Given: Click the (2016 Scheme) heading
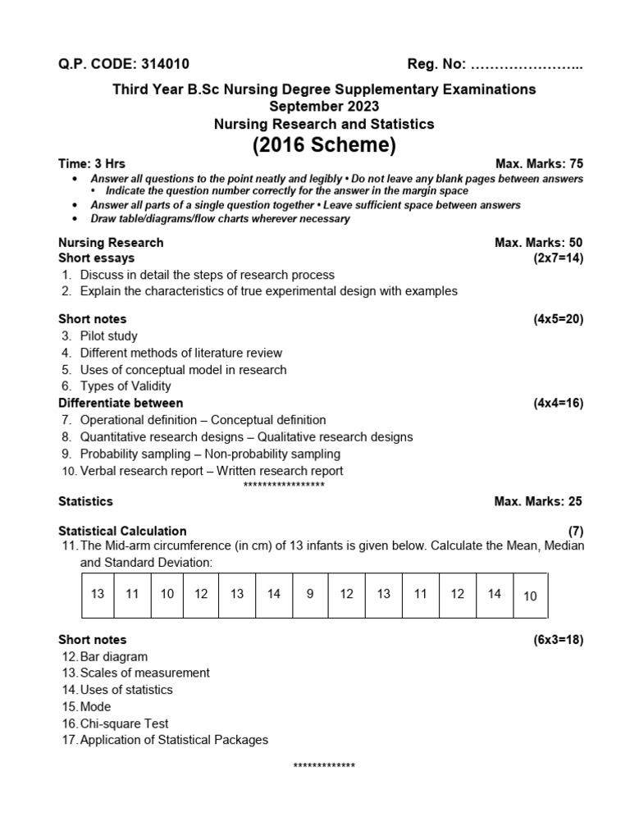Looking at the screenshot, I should [x=324, y=145].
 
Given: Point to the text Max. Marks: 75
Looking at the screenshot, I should [x=539, y=163].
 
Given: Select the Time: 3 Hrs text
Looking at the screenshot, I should [x=92, y=163].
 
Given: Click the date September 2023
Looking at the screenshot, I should [x=324, y=107].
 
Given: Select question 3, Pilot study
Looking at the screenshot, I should [x=108, y=336].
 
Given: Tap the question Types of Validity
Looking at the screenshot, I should [x=126, y=386].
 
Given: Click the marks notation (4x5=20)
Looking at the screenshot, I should [x=558, y=319].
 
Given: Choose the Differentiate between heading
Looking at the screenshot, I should [x=121, y=403].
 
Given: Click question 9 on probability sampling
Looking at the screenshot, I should [x=209, y=454].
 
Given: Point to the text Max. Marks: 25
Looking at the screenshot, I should [x=538, y=501].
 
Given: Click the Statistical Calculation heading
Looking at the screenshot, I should [x=122, y=531].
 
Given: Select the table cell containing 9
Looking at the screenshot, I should [x=310, y=594].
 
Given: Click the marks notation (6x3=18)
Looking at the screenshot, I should [x=558, y=640].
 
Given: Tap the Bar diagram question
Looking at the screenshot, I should [x=114, y=656].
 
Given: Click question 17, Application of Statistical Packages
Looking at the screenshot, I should [x=174, y=740].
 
